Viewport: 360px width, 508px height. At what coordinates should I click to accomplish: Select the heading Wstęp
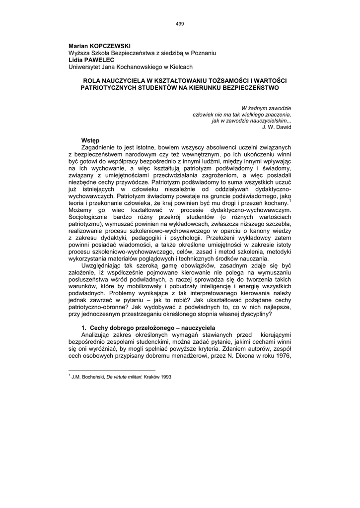pos(91,140)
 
